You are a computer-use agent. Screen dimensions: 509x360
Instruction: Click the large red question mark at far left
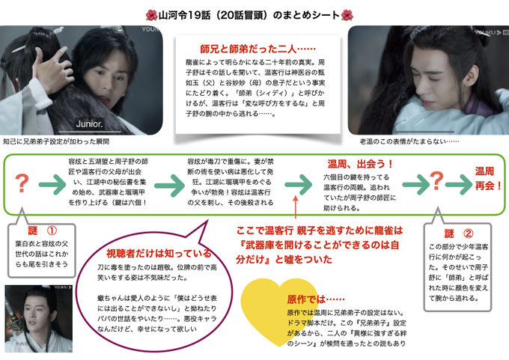coord(22,183)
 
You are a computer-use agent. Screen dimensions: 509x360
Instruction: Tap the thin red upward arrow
coord(296,204)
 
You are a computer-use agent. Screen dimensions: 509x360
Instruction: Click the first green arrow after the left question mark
coord(52,183)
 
